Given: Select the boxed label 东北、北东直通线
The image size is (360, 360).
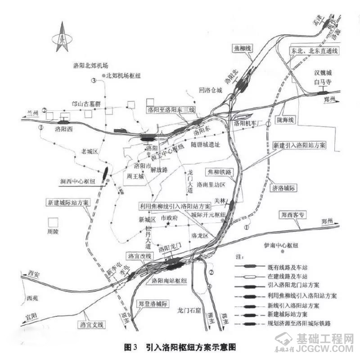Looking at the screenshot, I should [314, 51].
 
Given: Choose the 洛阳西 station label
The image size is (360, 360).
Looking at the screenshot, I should [63, 129].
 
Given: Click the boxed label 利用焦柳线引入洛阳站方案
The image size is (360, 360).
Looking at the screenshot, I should [175, 206].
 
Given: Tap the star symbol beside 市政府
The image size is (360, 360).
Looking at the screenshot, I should [168, 223].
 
